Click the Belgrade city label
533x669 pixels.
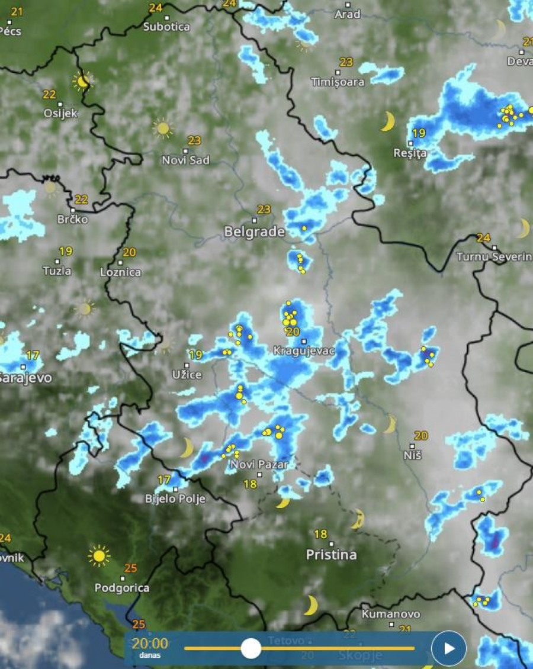tap(254, 232)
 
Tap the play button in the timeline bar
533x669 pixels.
tap(449, 648)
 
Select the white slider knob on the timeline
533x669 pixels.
tap(251, 648)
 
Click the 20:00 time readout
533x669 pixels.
tap(149, 644)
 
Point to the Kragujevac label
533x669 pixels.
tap(304, 351)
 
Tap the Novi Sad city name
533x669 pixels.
tap(185, 160)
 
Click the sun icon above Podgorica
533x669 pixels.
tap(99, 556)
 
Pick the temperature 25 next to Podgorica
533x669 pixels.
tap(131, 568)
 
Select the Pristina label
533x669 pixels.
tap(331, 555)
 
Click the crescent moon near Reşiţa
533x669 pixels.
tap(387, 121)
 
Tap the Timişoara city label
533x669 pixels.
tap(338, 82)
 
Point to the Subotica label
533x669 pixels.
tap(166, 27)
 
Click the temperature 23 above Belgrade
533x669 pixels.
tap(264, 209)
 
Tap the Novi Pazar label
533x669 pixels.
tap(259, 465)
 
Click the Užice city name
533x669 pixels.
tap(187, 375)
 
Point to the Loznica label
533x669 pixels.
tap(121, 272)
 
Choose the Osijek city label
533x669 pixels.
tap(60, 114)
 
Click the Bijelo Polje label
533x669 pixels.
tap(175, 499)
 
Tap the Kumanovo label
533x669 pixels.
tap(391, 614)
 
